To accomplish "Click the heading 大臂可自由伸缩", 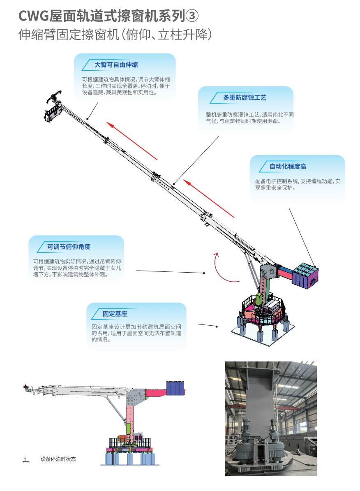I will click(x=116, y=65).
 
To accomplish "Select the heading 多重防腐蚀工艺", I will click(x=245, y=98).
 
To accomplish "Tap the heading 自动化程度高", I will click(x=288, y=167).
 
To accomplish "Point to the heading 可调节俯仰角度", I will click(x=69, y=247).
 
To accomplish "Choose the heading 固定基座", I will click(x=115, y=314).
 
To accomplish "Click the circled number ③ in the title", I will click(x=192, y=16).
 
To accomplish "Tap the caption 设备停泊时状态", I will click(x=58, y=459).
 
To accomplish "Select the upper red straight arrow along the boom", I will click(x=132, y=141).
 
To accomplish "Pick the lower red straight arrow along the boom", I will click(x=208, y=198).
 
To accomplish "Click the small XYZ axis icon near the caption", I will click(x=25, y=459).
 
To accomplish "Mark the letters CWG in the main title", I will click(x=33, y=16).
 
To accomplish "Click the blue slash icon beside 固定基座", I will click(x=96, y=314).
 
